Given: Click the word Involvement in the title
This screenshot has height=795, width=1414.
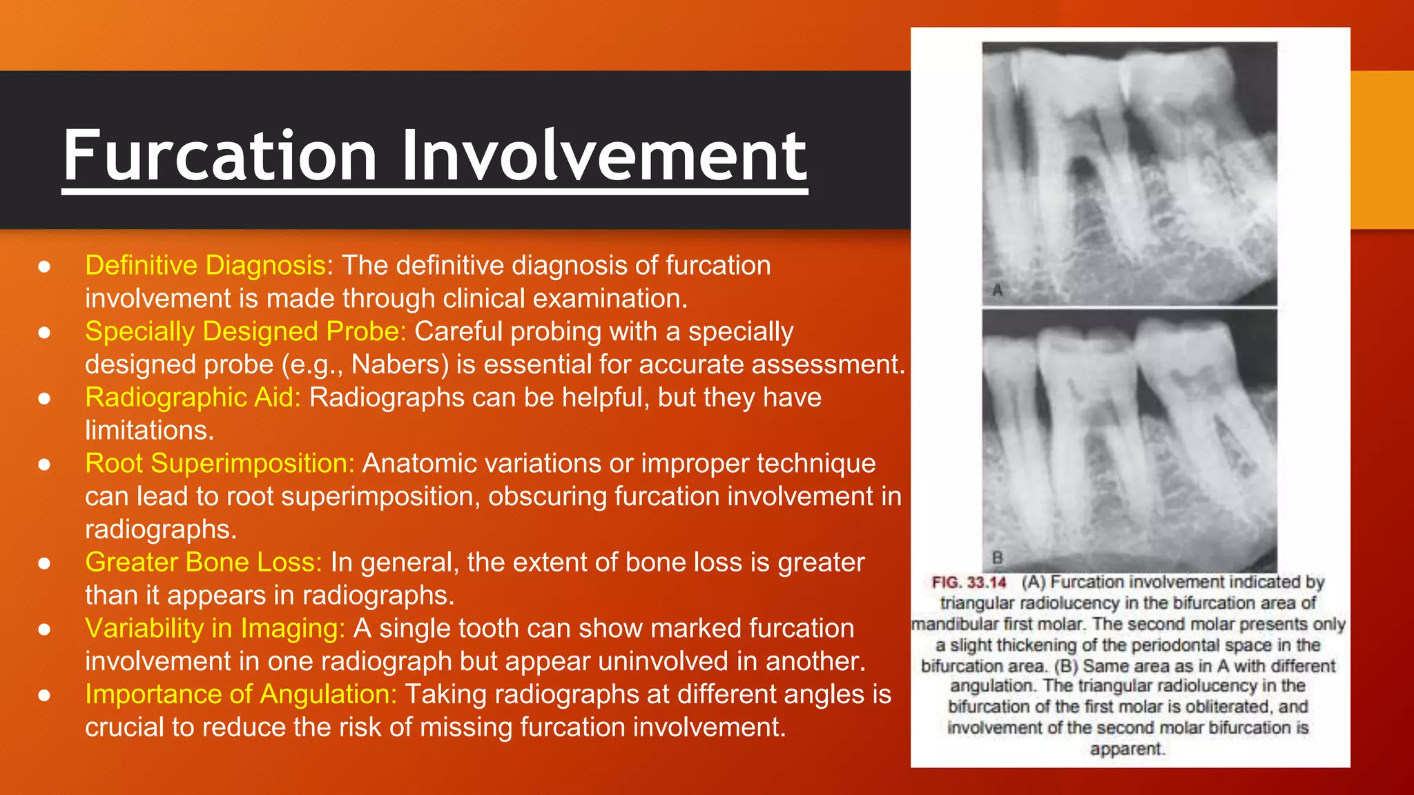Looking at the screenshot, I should point(603,156).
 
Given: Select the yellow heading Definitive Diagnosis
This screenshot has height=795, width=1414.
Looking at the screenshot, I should point(205,266).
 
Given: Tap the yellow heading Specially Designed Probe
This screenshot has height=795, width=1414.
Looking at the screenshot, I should point(245,332).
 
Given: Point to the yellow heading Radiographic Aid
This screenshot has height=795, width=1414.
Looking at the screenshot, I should point(193,397).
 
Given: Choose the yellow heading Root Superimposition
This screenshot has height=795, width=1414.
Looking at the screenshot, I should point(220,464).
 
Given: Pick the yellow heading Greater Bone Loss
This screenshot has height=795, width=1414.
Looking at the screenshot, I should point(203,562).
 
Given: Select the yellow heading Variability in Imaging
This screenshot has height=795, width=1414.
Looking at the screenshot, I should point(215,629).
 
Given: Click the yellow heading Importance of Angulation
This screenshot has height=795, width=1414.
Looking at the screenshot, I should point(241,694).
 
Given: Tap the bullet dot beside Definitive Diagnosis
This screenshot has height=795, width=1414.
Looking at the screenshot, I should point(44,266).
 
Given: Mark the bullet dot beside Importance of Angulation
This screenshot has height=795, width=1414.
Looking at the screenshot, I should point(44,695).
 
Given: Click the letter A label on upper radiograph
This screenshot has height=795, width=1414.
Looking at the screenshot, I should point(997,290).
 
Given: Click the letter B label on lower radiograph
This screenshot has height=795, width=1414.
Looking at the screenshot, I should point(997,557).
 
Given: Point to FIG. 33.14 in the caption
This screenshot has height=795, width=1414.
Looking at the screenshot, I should point(969,582).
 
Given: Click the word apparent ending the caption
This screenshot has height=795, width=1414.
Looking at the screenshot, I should point(1127,749).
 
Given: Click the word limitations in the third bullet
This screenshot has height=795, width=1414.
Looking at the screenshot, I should point(149,431).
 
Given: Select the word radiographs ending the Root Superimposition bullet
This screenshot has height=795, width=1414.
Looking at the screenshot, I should point(160,529).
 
